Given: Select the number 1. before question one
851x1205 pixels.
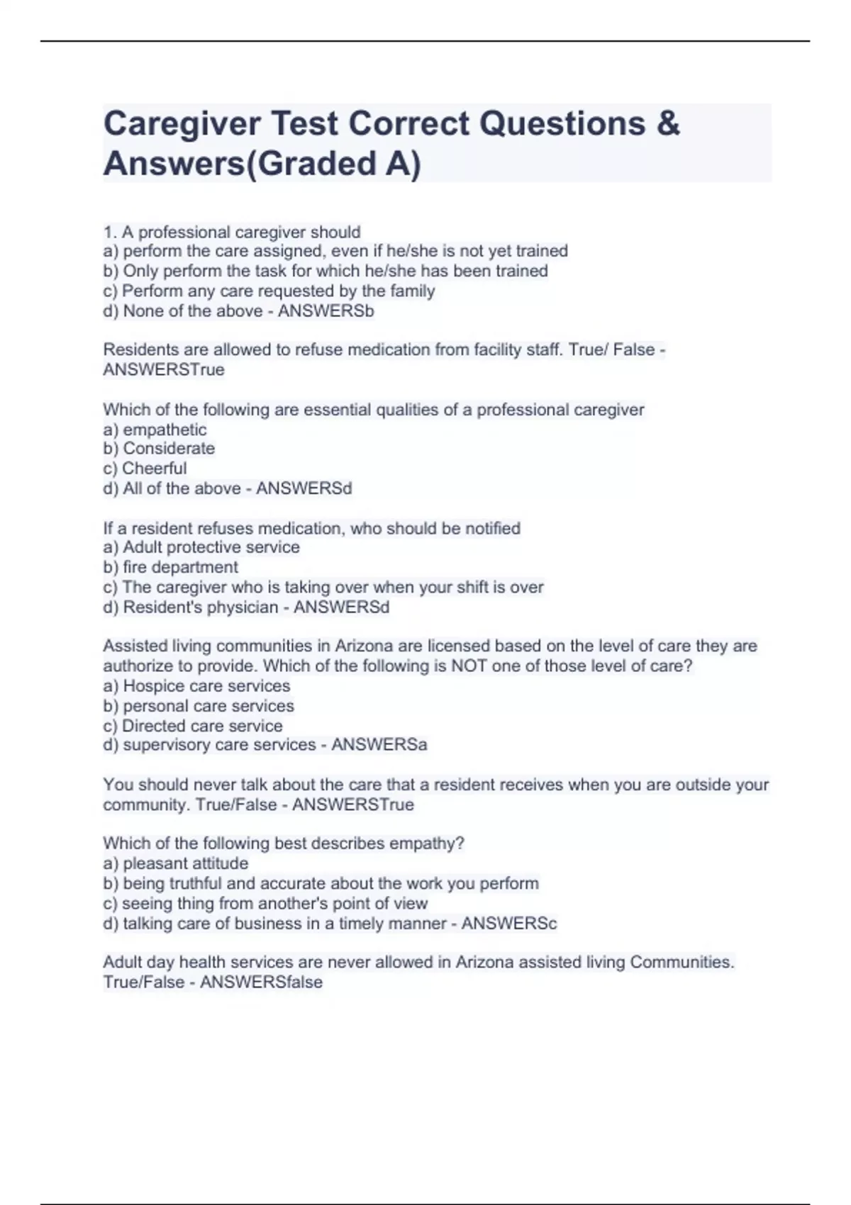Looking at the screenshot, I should pyautogui.click(x=110, y=232).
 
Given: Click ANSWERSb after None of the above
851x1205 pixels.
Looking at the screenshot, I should pyautogui.click(x=326, y=311).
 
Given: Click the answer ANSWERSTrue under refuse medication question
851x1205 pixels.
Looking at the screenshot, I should pyautogui.click(x=164, y=369).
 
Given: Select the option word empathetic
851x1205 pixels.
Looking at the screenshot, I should pyautogui.click(x=165, y=430).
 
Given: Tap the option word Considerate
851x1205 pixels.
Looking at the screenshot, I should pyautogui.click(x=169, y=449).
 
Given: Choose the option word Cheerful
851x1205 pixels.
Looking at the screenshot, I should pyautogui.click(x=155, y=469).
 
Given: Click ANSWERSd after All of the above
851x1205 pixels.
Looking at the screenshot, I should pyautogui.click(x=304, y=488).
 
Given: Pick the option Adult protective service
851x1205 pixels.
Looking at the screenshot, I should pyautogui.click(x=211, y=547).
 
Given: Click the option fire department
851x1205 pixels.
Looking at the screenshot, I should pyautogui.click(x=180, y=567).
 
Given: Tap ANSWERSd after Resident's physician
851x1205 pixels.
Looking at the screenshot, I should pyautogui.click(x=341, y=607).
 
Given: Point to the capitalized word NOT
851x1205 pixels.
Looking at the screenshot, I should pyautogui.click(x=467, y=666).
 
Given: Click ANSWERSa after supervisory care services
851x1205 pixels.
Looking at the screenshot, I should pyautogui.click(x=379, y=745).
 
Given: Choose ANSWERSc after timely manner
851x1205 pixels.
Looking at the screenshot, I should pyautogui.click(x=509, y=924).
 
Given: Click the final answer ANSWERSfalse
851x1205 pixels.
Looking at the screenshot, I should pyautogui.click(x=261, y=982).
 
